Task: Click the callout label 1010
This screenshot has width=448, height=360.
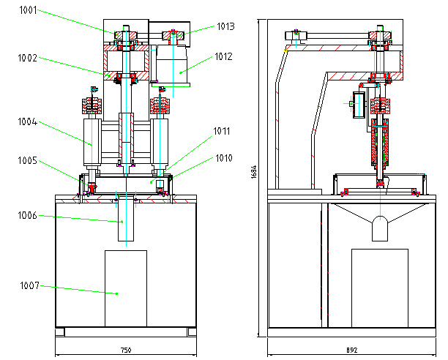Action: click(x=223, y=157)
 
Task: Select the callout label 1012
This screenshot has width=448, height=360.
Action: click(x=224, y=55)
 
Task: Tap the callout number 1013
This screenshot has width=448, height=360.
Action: click(x=225, y=26)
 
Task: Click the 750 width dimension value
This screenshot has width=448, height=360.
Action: click(x=126, y=350)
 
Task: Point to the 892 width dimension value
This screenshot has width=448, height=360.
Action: click(x=351, y=350)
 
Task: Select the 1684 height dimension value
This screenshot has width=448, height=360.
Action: click(x=253, y=172)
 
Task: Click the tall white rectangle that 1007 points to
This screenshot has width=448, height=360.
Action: click(x=125, y=288)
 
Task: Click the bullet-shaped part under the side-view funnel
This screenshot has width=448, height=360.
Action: click(x=379, y=228)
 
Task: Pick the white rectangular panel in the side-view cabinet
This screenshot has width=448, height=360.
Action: click(x=379, y=288)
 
